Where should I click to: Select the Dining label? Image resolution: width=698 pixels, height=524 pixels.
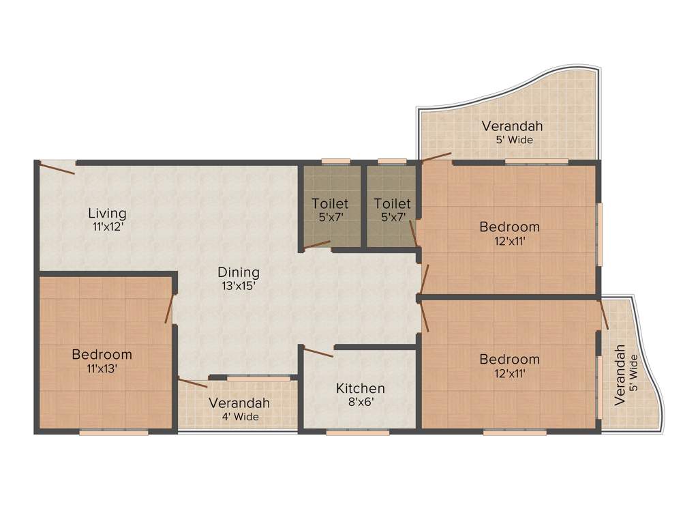pos(239,272)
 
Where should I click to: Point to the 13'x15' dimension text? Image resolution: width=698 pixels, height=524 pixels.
pos(239,286)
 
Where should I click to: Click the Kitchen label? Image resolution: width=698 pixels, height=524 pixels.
pos(360,388)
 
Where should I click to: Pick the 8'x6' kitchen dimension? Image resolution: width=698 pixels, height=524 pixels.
pos(360,402)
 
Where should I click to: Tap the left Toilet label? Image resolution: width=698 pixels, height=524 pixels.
pos(330,203)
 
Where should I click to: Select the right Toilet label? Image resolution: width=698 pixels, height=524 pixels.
pos(393,203)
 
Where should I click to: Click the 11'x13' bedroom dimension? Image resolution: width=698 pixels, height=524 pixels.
pos(102,368)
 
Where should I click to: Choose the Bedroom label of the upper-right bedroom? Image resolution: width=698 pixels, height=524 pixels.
pos(509,227)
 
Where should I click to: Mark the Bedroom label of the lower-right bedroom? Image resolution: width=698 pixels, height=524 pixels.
pos(509,359)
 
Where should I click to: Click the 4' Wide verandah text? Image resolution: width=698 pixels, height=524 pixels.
pos(240,416)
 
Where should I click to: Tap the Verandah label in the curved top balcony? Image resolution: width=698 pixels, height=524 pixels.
pos(512,126)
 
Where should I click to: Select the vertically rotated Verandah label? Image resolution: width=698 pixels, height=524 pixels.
pos(620,375)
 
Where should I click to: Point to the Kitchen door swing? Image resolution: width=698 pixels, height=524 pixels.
pos(318,352)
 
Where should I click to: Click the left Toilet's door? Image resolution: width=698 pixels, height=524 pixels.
pos(317,245)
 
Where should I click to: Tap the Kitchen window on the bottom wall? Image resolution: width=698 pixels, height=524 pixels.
pos(357,432)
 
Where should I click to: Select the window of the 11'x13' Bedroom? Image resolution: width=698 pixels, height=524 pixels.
pos(113,432)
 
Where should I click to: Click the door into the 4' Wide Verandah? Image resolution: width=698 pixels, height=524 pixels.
pos(192,382)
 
